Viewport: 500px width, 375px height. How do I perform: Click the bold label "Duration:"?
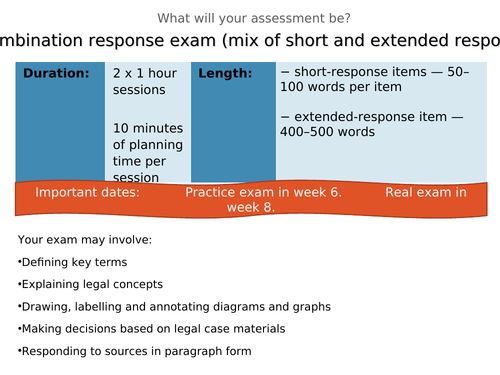[x=56, y=74]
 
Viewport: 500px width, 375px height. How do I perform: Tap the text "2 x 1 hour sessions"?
[x=144, y=82]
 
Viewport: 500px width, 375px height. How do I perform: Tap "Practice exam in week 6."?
[x=263, y=192]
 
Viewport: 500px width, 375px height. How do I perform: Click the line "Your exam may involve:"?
[x=85, y=240]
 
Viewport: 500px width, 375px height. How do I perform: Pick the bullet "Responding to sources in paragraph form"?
[x=136, y=351]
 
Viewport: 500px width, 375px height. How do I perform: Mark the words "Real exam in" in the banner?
[x=425, y=192]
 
